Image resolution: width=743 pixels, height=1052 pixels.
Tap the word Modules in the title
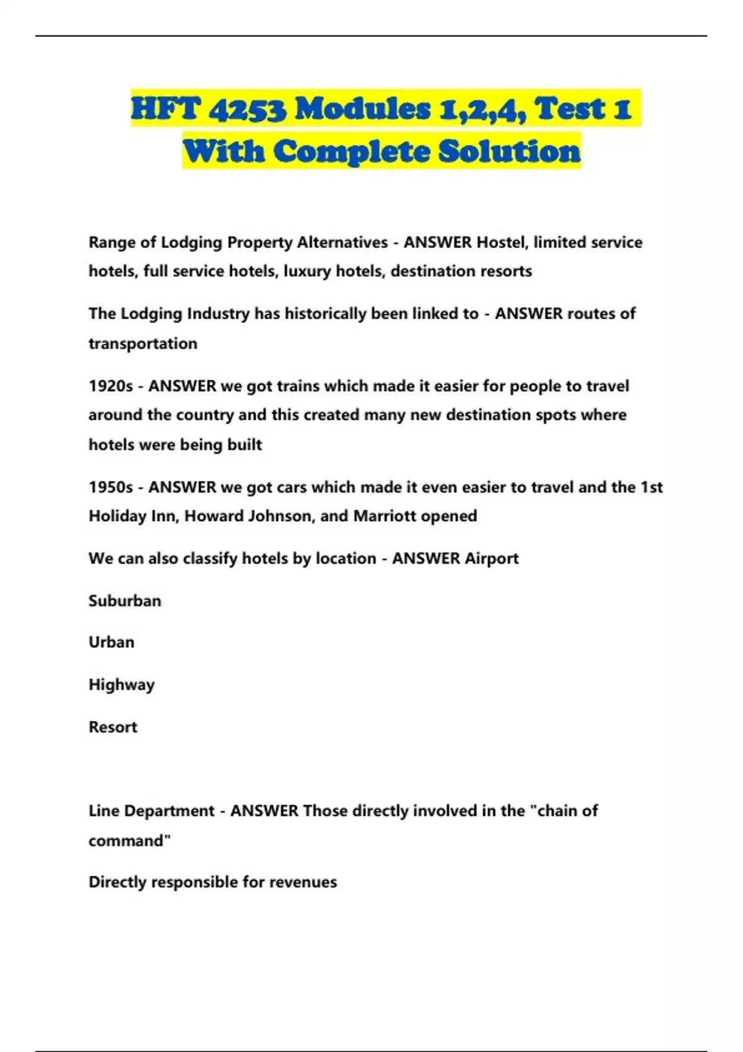tap(362, 110)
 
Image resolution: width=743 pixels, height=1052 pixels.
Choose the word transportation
tap(143, 343)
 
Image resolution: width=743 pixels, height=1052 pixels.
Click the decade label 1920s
tap(111, 386)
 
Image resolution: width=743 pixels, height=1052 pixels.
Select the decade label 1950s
tap(111, 487)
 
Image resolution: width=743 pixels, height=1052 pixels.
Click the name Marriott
tap(385, 516)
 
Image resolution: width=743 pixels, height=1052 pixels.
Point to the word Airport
tap(492, 558)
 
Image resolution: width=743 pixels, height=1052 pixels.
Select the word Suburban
tap(125, 601)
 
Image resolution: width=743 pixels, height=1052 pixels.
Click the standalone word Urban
tap(111, 642)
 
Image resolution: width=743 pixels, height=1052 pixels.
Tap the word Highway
tap(122, 685)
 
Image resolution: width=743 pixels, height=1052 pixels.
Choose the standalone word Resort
tap(113, 727)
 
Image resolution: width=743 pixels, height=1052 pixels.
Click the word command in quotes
tap(128, 841)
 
